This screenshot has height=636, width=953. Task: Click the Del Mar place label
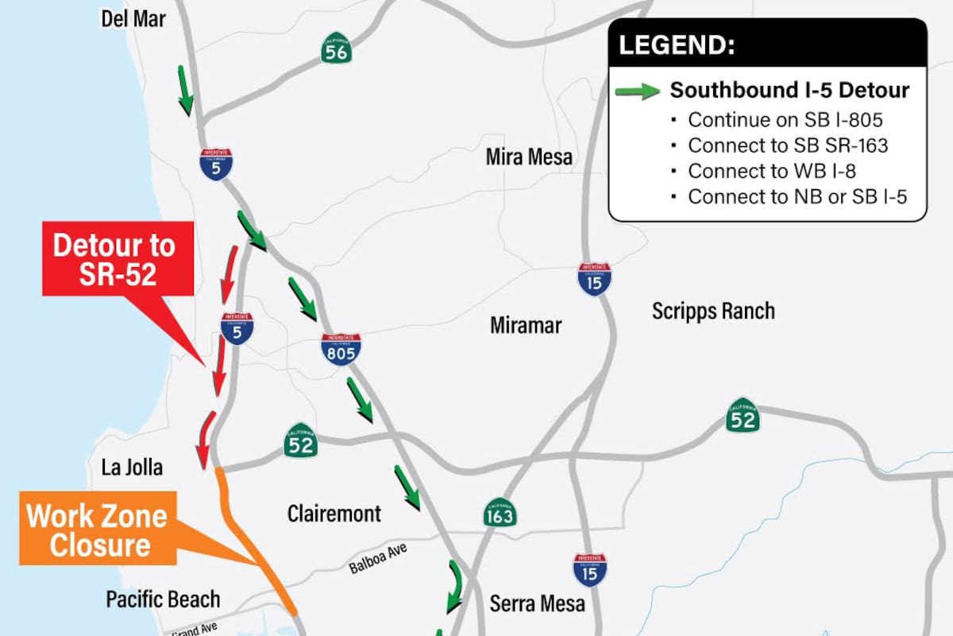[x=133, y=18]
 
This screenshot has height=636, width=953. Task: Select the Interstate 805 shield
[x=341, y=349]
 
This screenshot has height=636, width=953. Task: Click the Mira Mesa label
[x=529, y=157]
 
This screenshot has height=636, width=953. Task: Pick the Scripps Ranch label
[x=713, y=311]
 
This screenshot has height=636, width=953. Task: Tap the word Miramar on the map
[x=526, y=325]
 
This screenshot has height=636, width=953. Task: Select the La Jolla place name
[x=132, y=467]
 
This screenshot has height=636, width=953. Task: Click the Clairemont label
[x=334, y=514]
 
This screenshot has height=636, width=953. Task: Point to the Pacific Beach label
[x=163, y=599]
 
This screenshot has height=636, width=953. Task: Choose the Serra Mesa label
[x=537, y=603]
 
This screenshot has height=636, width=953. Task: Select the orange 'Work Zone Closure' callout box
[x=97, y=530]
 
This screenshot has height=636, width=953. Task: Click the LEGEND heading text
[x=677, y=45]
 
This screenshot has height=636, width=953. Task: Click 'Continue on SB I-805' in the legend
[x=785, y=120]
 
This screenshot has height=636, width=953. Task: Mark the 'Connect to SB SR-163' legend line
[x=787, y=145]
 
